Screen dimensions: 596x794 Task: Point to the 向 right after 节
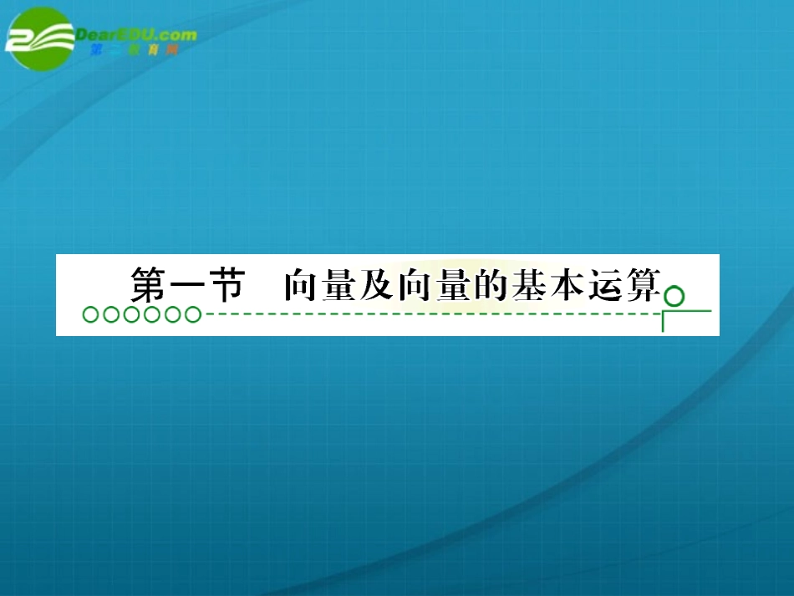[298, 286]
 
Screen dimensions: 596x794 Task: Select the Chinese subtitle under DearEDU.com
[134, 50]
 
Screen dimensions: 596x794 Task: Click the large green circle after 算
[674, 296]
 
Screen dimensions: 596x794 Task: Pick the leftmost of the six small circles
[89, 315]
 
